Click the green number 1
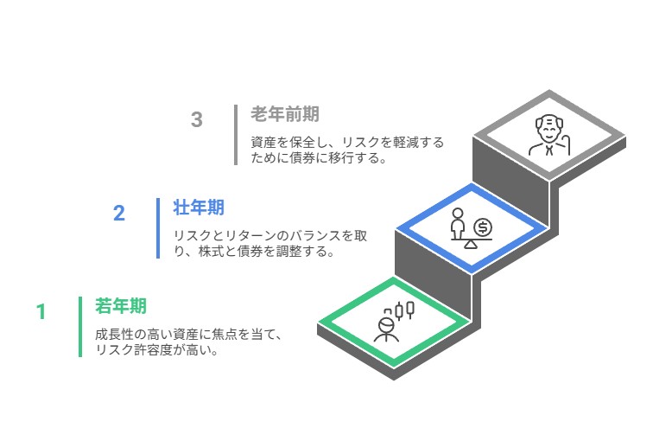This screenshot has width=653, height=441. (41, 312)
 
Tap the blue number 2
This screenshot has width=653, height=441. (119, 213)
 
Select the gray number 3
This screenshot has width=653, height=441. (197, 119)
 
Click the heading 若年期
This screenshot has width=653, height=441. (121, 306)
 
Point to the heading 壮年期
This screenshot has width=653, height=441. (199, 208)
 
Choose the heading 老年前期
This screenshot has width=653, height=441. (285, 114)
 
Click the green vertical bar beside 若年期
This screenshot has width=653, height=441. (80, 327)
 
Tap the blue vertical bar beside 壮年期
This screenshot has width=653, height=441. (158, 228)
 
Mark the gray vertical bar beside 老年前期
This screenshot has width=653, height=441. (236, 135)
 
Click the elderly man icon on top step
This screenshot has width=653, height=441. (548, 136)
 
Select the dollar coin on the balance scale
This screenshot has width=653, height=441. (483, 227)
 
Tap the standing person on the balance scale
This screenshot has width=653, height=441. (458, 224)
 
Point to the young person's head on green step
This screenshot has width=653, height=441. (386, 325)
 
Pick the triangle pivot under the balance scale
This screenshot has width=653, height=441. (471, 245)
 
